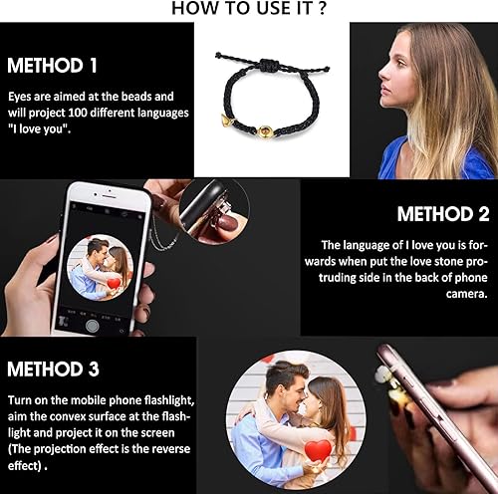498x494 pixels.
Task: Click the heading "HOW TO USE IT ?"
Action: [x=248, y=9]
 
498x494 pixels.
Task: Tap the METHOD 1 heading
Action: [x=53, y=67]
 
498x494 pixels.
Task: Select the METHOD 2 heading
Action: [x=443, y=214]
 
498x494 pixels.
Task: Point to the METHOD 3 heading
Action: [x=53, y=370]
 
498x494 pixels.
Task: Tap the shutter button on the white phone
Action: [x=92, y=325]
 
